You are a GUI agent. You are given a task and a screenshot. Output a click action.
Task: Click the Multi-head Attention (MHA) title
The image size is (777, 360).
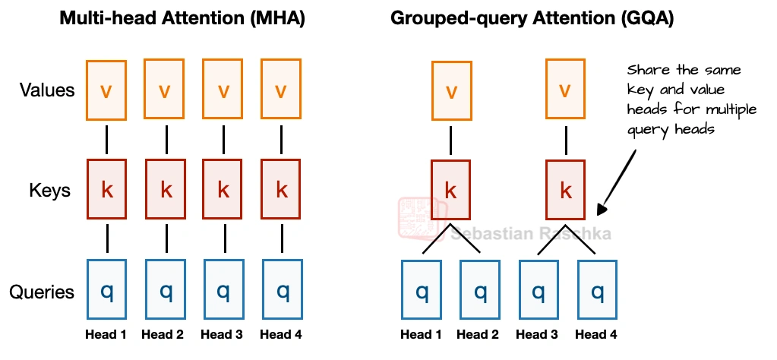(182, 20)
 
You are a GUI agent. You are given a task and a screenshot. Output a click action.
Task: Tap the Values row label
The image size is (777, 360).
(47, 90)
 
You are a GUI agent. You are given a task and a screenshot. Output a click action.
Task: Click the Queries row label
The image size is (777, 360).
(42, 292)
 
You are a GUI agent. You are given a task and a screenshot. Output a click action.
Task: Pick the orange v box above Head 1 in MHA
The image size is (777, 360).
(106, 90)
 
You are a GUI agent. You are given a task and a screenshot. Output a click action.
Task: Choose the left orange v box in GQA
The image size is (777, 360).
(451, 91)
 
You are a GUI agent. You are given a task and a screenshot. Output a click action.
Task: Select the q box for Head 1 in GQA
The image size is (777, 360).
(422, 291)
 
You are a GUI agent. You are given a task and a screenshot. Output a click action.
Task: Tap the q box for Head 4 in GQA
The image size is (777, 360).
(597, 291)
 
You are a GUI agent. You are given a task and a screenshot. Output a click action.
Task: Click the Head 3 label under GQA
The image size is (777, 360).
(537, 335)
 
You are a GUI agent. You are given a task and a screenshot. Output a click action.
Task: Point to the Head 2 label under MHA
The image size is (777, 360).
(163, 335)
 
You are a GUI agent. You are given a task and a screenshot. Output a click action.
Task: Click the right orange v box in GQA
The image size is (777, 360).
(565, 91)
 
